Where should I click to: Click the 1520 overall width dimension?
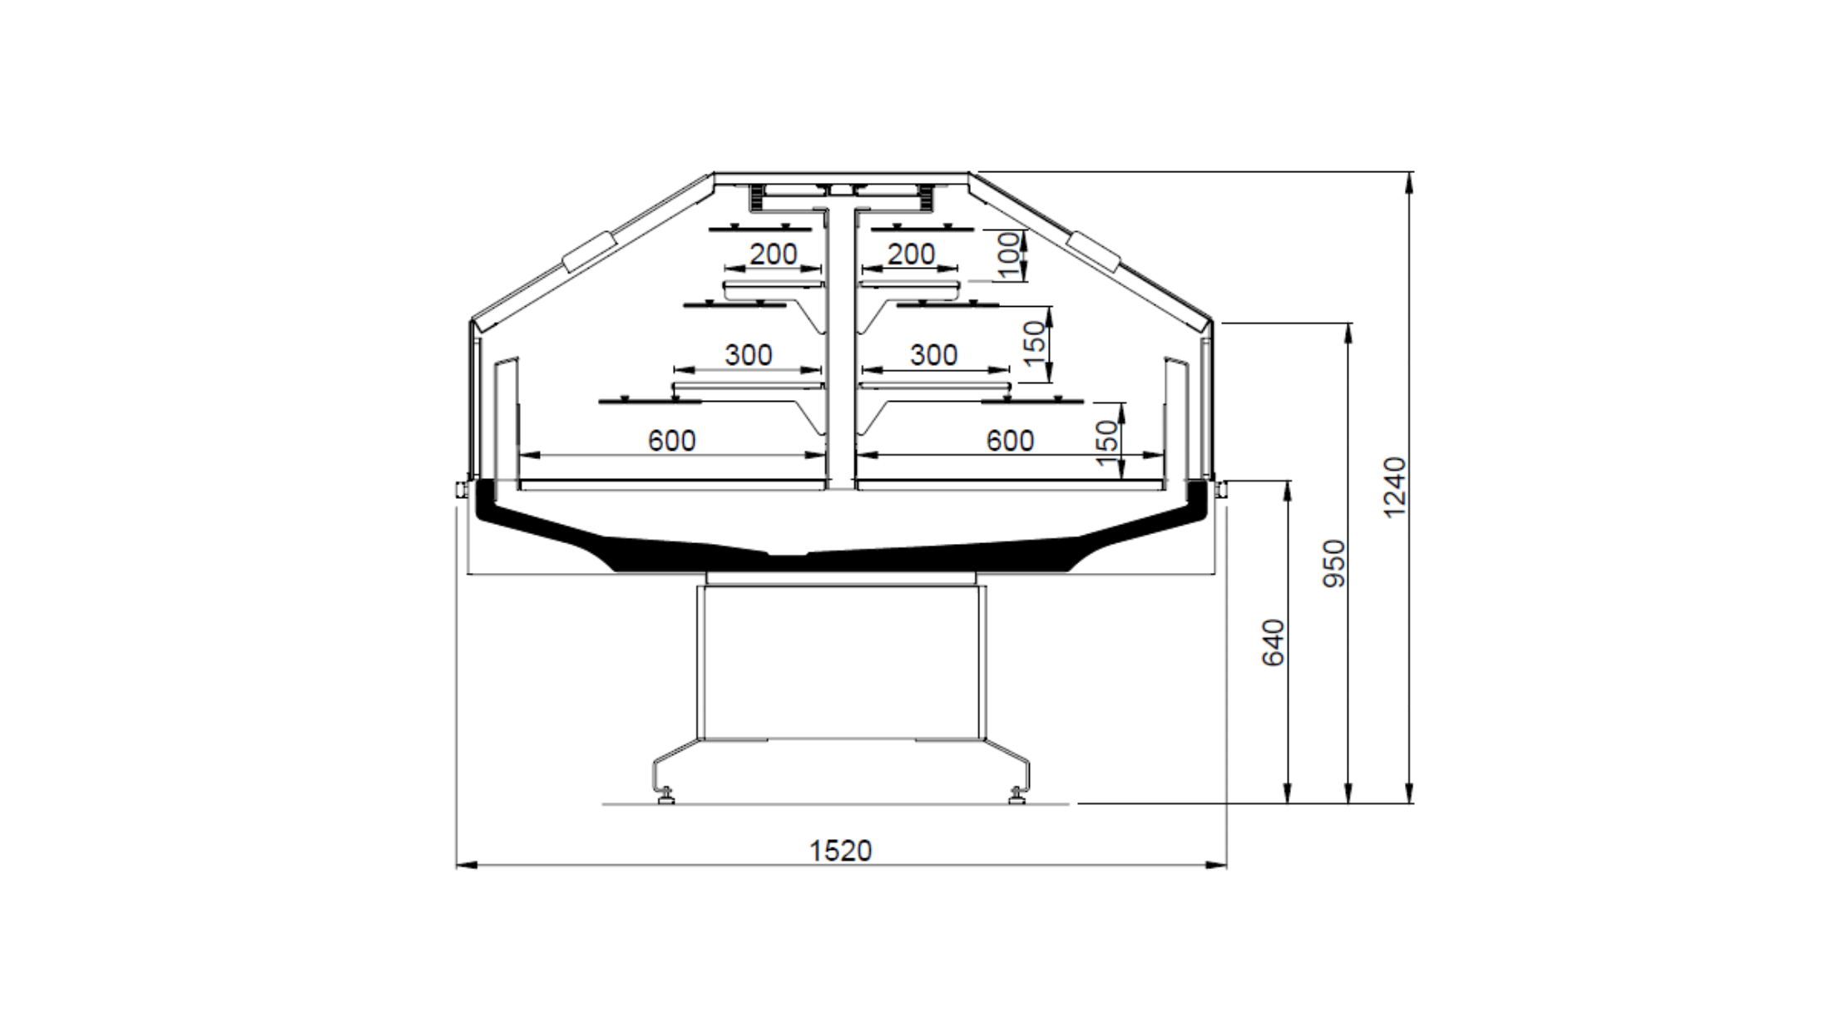pos(840,851)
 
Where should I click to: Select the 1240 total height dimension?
pos(1394,487)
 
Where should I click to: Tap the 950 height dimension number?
pos(1333,563)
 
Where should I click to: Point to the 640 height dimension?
pos(1274,642)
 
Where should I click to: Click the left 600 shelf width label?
pos(671,440)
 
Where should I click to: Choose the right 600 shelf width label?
pos(1010,440)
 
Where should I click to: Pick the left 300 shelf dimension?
pos(749,355)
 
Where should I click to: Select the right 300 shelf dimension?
pos(933,355)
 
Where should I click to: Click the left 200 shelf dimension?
pos(774,254)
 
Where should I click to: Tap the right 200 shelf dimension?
pos(911,254)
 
